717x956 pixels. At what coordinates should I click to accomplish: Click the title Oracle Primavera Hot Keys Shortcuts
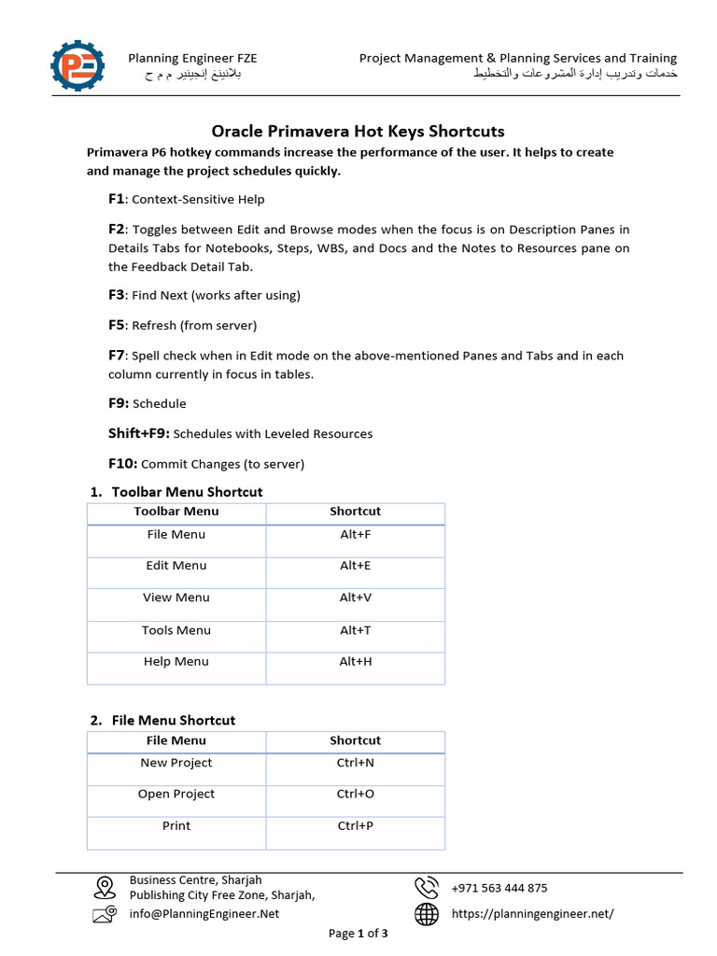tap(358, 131)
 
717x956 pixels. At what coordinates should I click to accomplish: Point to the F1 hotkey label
tap(116, 199)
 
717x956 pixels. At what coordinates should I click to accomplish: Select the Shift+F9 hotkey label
tap(138, 433)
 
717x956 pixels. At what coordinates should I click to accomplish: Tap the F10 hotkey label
tap(122, 463)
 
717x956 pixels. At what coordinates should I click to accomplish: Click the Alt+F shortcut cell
tap(355, 535)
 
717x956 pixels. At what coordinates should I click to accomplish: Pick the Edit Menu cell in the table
tap(176, 566)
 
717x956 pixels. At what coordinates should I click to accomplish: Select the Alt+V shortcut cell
tap(355, 597)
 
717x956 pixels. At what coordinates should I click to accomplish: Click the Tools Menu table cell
tap(176, 630)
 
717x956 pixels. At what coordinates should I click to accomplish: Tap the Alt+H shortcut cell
tap(355, 662)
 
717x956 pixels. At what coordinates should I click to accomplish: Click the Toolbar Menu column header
tap(176, 512)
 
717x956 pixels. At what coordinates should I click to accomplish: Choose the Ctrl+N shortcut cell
tap(355, 763)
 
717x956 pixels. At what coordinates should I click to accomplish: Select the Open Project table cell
tap(176, 794)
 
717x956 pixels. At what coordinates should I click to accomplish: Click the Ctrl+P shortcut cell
tap(355, 826)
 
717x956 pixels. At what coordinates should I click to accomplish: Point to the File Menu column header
tap(176, 740)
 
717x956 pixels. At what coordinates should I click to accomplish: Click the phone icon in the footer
tap(427, 887)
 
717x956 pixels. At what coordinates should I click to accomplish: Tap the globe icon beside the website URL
tap(427, 914)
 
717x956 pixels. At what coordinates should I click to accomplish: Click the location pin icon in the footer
tap(104, 887)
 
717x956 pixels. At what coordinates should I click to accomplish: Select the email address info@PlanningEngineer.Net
tap(204, 914)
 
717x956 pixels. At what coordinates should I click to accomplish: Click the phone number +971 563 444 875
tap(499, 888)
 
